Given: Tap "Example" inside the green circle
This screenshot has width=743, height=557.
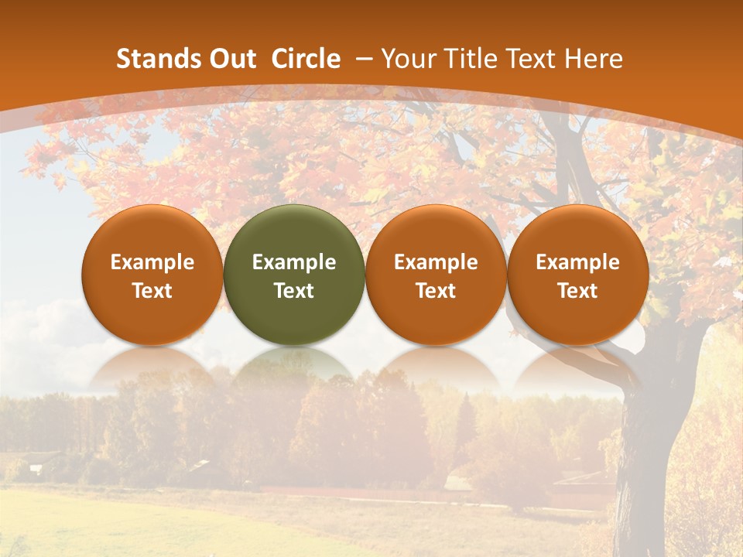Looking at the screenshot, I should click(x=294, y=262).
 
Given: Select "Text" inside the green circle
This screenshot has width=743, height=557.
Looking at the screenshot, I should click(x=294, y=291).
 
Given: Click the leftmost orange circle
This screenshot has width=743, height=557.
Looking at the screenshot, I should click(x=152, y=232).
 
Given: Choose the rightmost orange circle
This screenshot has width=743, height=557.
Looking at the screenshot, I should click(x=578, y=232).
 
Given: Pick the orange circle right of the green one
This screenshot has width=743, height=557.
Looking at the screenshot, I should click(x=436, y=232).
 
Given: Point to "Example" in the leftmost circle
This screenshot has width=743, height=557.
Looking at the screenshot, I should click(x=152, y=262).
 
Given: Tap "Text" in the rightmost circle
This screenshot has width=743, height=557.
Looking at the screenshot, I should click(x=578, y=291).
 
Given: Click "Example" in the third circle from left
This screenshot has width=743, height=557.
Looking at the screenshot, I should click(x=436, y=262).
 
